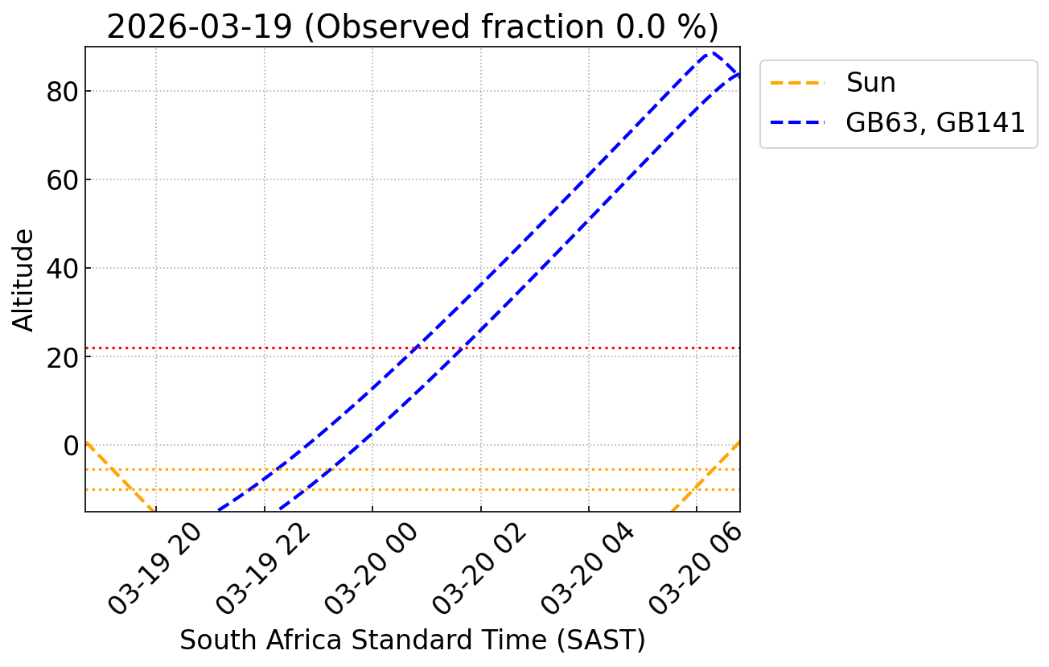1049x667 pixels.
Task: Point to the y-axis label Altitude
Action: point(24,280)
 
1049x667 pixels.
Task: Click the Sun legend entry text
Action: point(870,83)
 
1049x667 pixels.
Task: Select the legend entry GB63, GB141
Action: point(936,122)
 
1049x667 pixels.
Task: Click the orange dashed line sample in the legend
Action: point(799,83)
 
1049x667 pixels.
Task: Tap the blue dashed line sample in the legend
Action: point(799,122)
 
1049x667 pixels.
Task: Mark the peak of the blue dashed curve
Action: point(710,54)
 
